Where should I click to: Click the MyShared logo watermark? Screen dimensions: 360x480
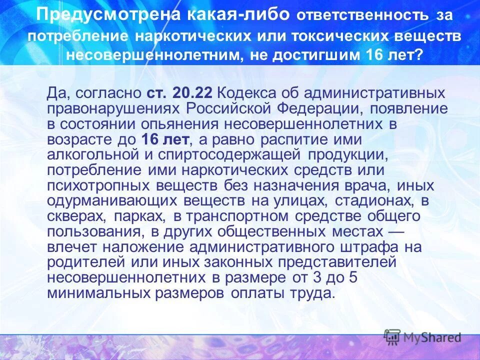tap(422, 337)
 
